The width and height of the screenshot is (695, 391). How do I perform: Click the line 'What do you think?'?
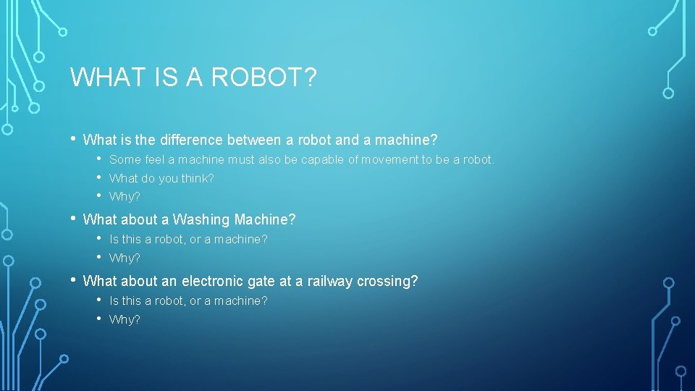(161, 178)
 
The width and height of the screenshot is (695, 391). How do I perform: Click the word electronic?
(214, 281)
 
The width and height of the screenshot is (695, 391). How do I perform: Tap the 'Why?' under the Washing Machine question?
(125, 258)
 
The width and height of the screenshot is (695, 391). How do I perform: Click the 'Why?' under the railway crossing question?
(125, 319)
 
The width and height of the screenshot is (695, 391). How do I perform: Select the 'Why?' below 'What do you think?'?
(125, 196)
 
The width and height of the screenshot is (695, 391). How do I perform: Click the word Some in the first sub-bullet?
(125, 159)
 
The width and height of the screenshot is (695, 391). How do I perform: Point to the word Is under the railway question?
(114, 300)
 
